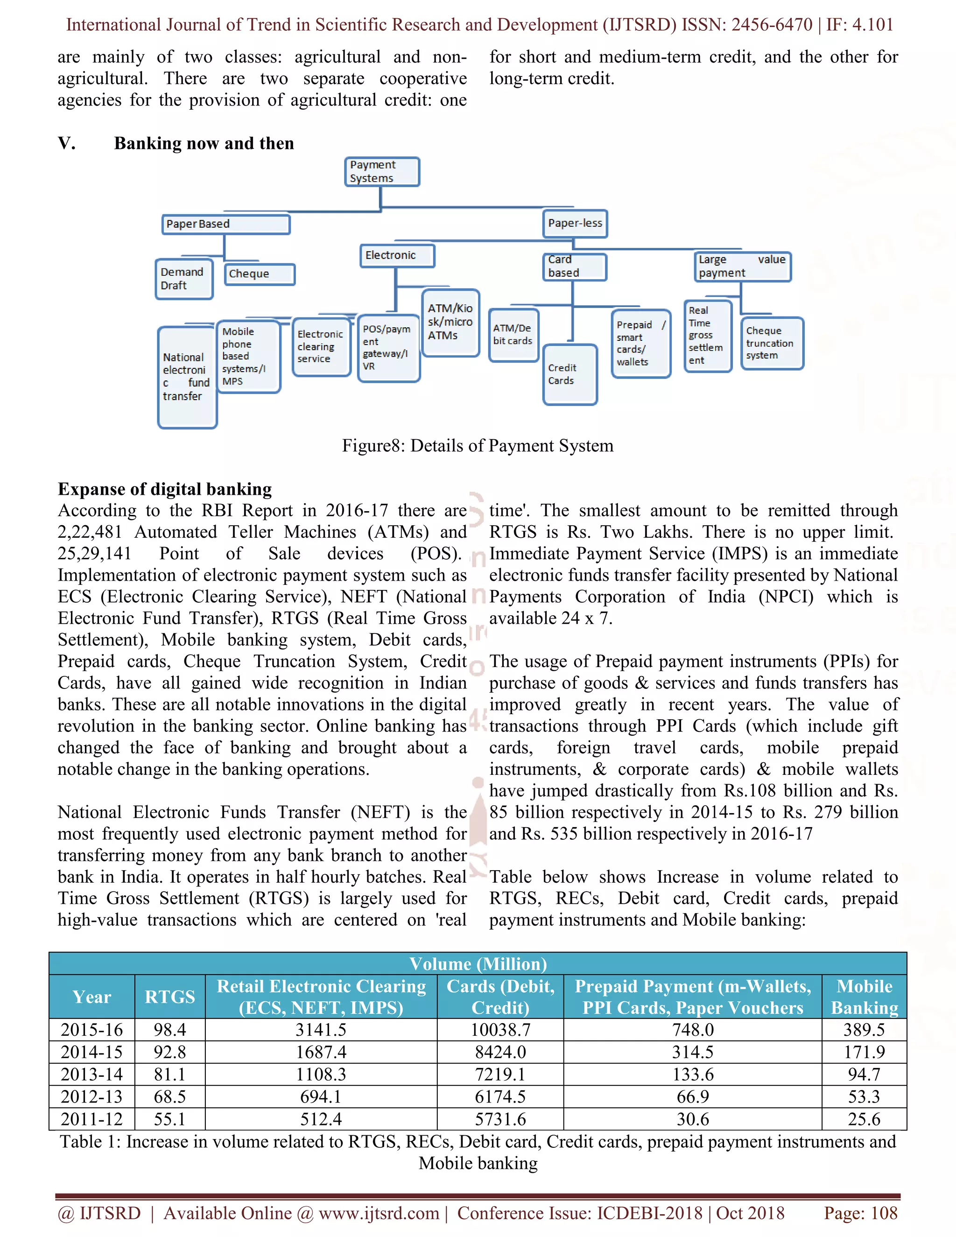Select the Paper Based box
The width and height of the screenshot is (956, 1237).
coord(225,224)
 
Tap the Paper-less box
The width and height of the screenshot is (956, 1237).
coord(575,223)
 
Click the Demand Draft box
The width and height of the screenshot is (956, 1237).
coord(184,279)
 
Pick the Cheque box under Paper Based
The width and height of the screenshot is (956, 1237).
coord(260,274)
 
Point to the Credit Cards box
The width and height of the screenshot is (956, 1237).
coord(570,374)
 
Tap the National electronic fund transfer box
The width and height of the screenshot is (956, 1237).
coord(187,377)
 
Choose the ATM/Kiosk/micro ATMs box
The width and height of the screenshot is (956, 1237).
coord(451,322)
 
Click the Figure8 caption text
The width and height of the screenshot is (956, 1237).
coord(478,446)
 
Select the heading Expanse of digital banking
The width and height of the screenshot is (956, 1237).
coord(165,489)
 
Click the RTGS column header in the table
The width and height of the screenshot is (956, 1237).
coord(170,997)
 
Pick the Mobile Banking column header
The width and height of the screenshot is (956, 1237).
coord(864,997)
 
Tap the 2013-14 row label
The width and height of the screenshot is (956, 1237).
coord(92,1075)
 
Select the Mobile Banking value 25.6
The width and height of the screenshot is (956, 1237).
coord(864,1119)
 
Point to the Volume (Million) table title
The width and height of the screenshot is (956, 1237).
coord(478,964)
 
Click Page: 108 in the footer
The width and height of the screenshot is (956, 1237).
coord(860,1213)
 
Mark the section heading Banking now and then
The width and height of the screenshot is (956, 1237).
coord(204,143)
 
